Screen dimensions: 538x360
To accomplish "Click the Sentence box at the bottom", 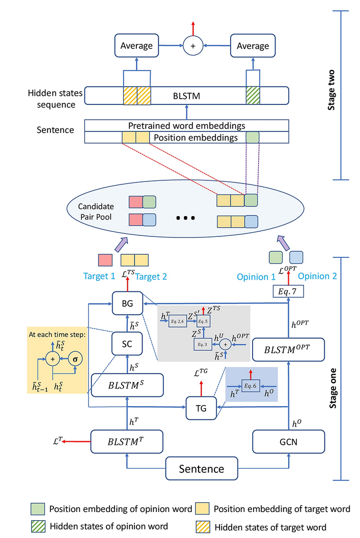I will [x=201, y=468].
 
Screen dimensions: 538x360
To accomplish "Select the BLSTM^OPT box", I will [x=288, y=350].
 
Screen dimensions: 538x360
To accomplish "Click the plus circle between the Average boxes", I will [x=193, y=45].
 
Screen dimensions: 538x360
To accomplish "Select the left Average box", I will [x=136, y=45].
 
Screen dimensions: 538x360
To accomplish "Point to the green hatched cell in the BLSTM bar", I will [x=253, y=95].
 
